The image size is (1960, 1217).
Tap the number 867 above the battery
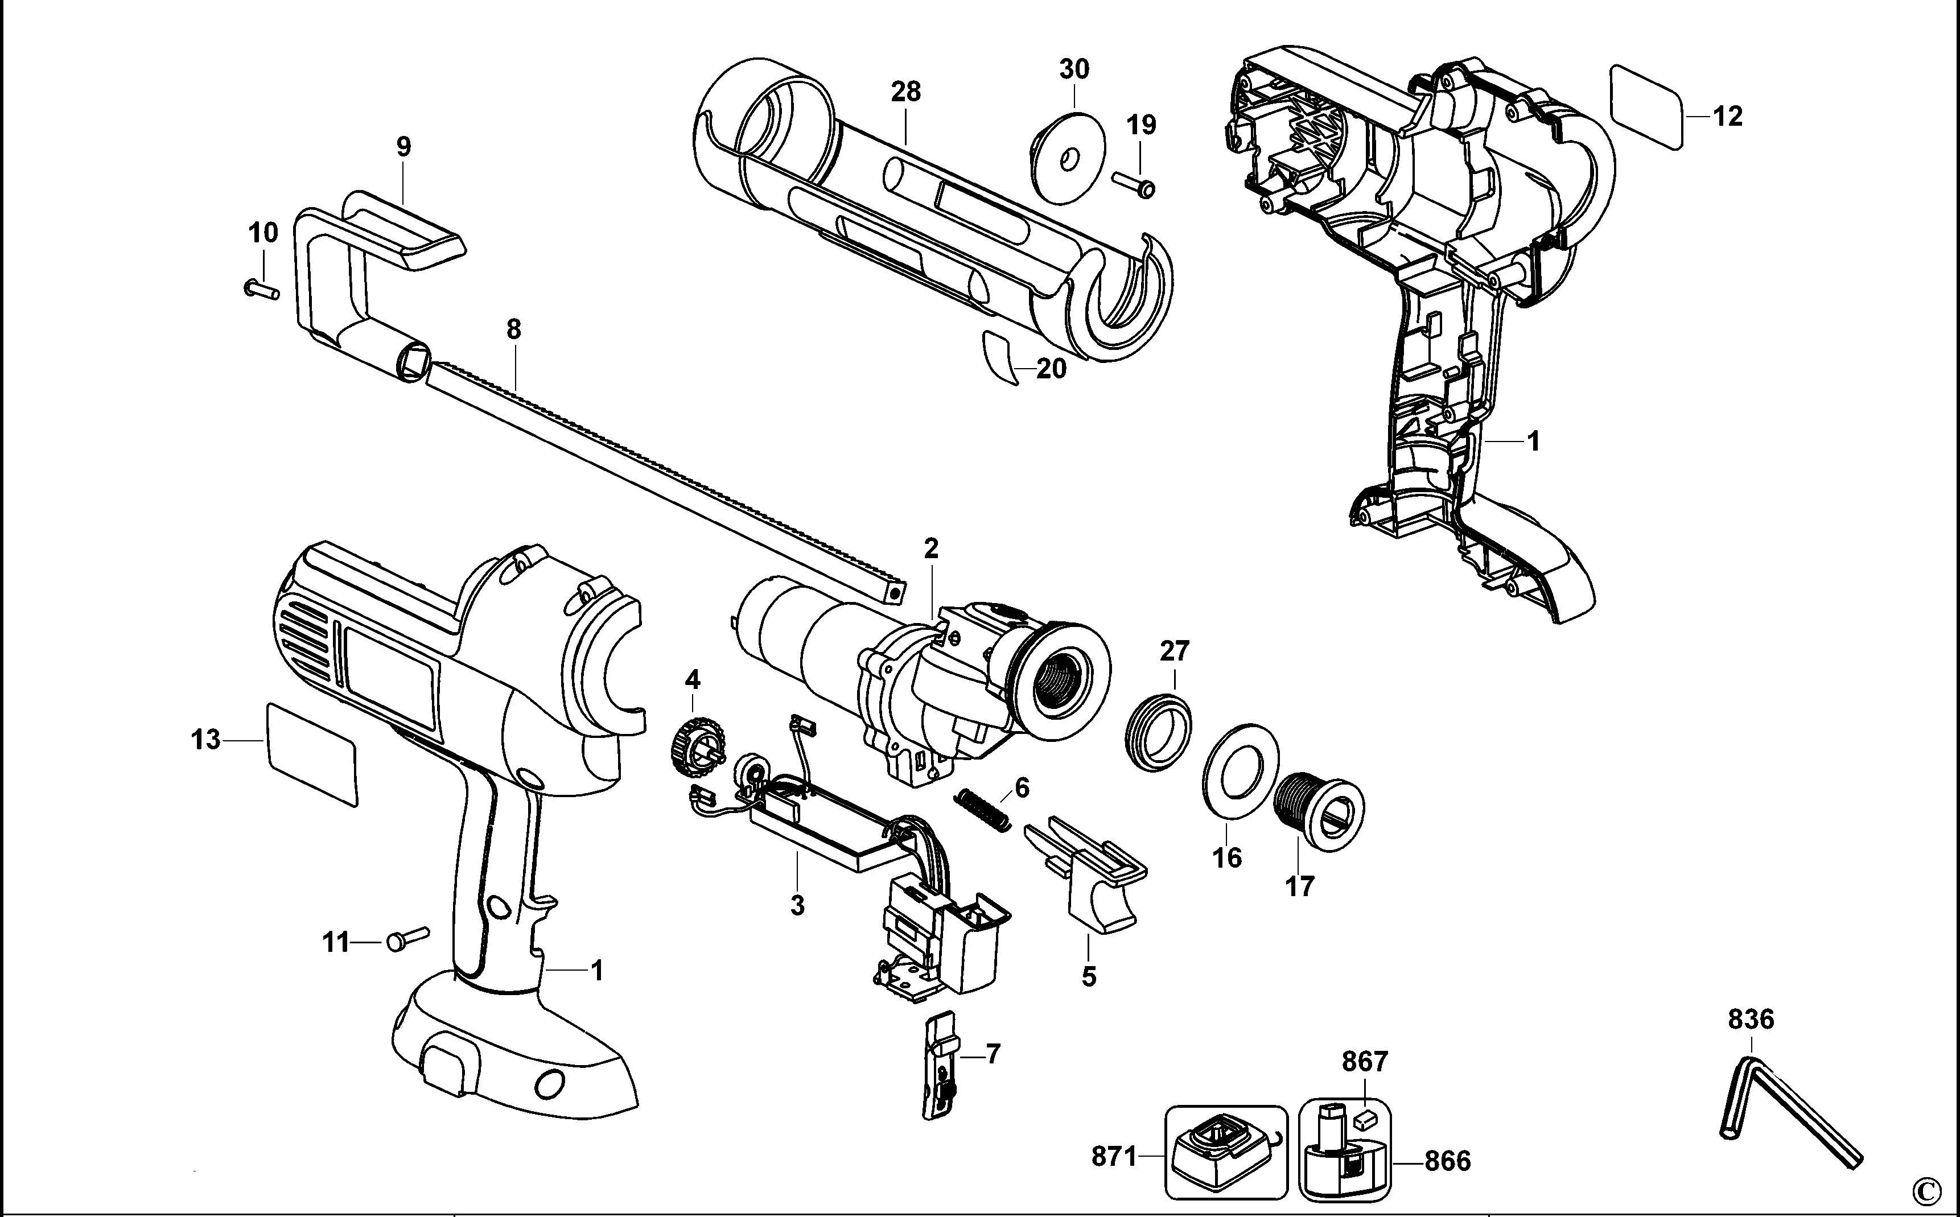(1364, 1062)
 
